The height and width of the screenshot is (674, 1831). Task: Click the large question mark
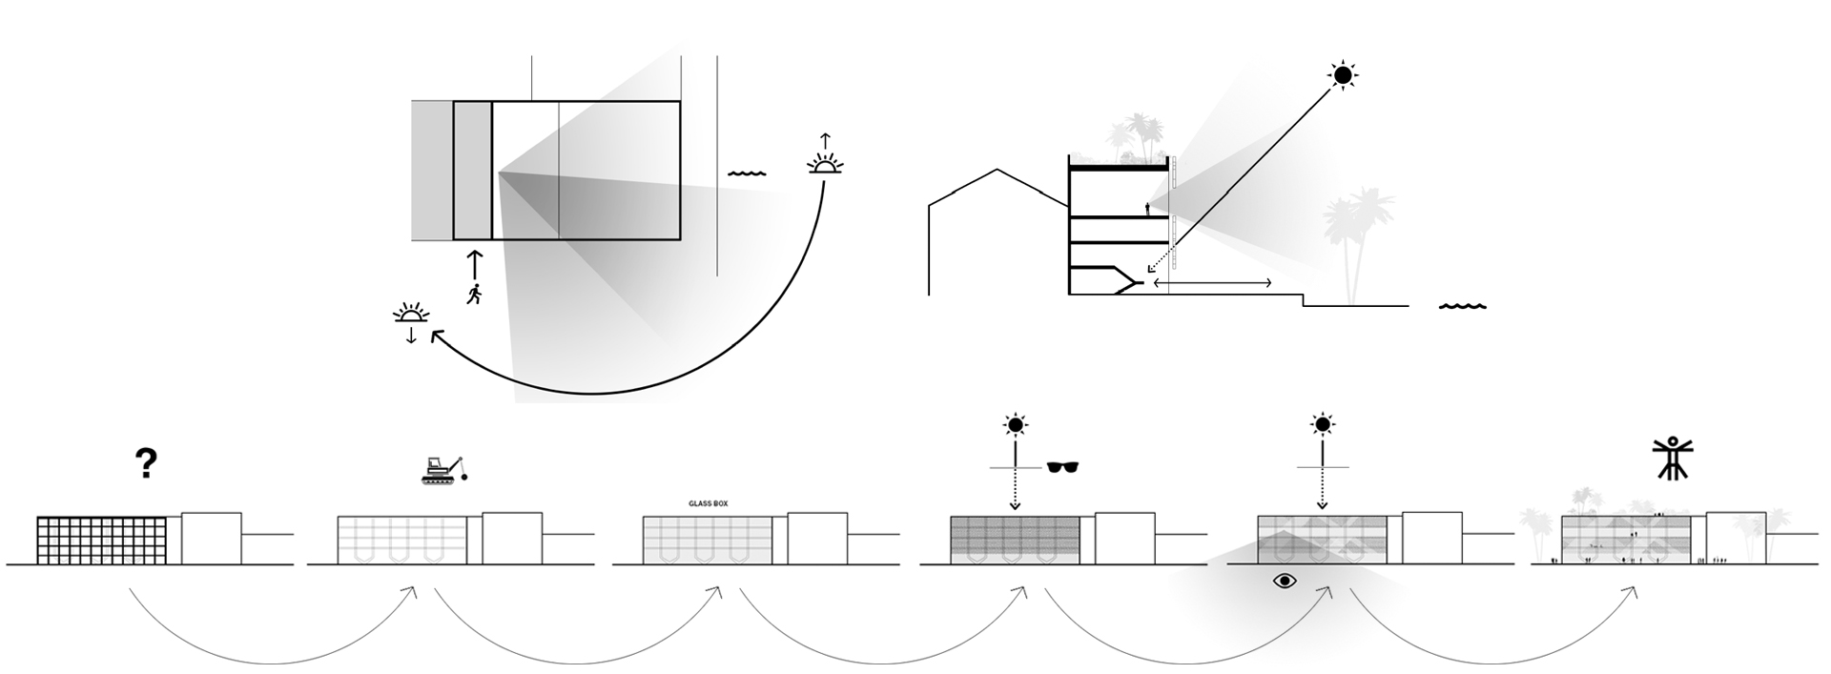click(x=145, y=463)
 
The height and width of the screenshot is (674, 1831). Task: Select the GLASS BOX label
click(x=708, y=503)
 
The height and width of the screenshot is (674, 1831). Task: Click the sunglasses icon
click(x=1063, y=467)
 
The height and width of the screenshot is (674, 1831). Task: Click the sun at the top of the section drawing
click(x=1343, y=74)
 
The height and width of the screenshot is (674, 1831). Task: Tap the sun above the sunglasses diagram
click(x=1016, y=424)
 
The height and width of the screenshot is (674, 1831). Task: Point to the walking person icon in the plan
click(x=474, y=293)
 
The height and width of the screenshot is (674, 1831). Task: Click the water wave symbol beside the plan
click(x=747, y=174)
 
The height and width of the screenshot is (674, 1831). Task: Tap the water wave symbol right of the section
click(x=1462, y=307)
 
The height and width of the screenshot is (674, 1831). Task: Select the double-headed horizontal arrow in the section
click(x=1211, y=282)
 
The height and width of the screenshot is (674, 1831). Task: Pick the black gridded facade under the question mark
click(x=101, y=540)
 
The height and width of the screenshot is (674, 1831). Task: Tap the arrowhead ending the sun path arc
click(x=437, y=336)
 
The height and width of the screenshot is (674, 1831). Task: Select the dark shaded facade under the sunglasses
click(x=1014, y=540)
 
